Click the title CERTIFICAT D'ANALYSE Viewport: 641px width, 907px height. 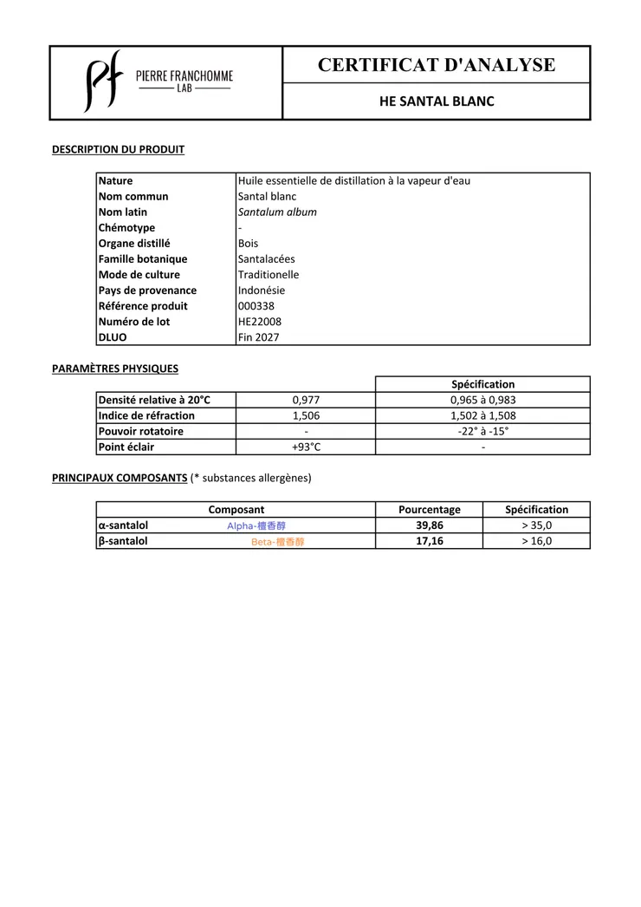coord(437,64)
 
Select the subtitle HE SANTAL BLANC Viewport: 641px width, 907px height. coord(437,101)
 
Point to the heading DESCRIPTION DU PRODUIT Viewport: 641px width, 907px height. coord(118,149)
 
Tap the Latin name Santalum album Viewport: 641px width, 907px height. coord(277,212)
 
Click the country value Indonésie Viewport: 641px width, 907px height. coord(262,290)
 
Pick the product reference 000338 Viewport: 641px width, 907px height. coord(256,306)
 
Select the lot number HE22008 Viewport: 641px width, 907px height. coord(260,322)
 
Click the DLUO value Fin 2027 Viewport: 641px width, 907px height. coord(259,337)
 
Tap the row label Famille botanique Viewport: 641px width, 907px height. coord(143,259)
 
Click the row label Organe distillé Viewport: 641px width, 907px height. coord(134,244)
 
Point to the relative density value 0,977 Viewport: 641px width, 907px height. coord(306,400)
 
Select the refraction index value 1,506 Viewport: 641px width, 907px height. coord(306,415)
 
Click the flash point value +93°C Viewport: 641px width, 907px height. coord(306,447)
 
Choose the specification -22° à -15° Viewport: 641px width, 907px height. coord(482,431)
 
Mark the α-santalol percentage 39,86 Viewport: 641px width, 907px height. coord(429,525)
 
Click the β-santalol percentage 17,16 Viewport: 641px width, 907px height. coord(429,541)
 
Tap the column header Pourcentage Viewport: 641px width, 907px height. coord(429,510)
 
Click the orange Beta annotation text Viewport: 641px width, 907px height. coord(278,542)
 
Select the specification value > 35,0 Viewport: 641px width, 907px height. coord(536,525)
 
